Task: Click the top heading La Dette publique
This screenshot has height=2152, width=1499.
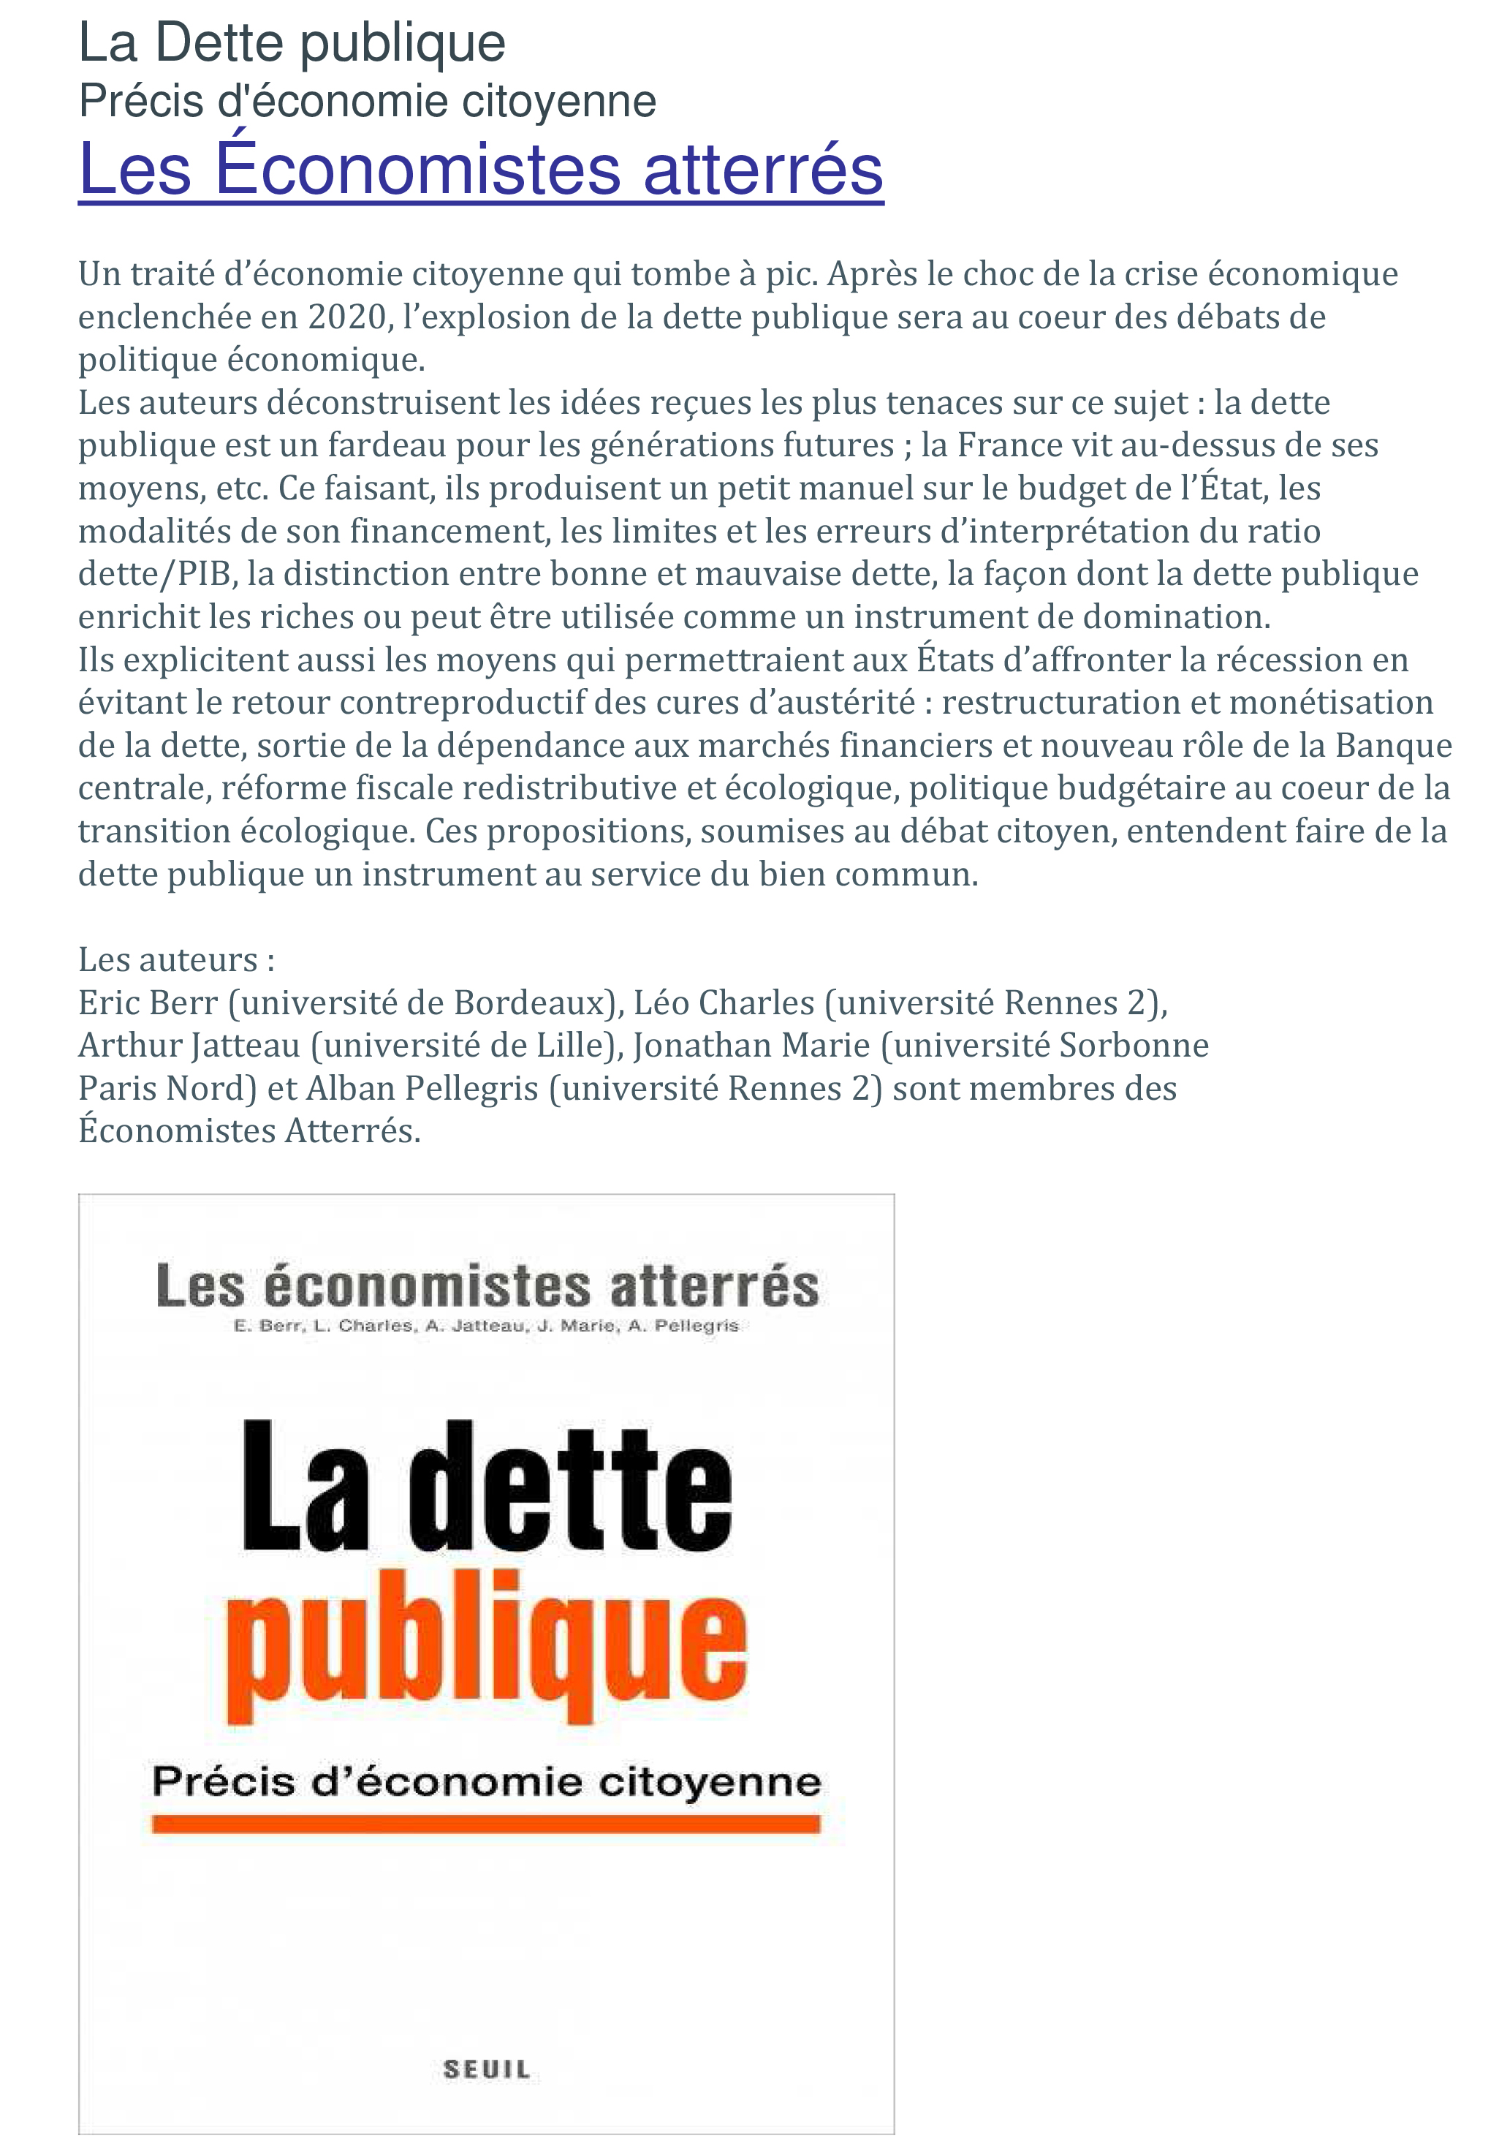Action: (292, 44)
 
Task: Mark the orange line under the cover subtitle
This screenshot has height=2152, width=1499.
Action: (486, 1823)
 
